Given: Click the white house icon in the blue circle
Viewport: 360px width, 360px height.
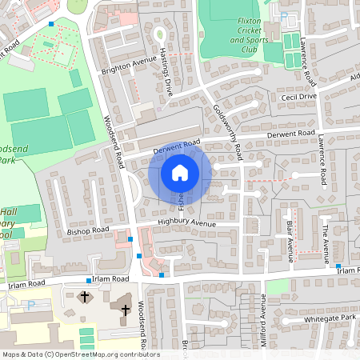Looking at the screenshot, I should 180,173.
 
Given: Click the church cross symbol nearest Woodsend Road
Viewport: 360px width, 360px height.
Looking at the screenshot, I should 125,309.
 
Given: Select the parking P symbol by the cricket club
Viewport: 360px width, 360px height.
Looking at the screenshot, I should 284,15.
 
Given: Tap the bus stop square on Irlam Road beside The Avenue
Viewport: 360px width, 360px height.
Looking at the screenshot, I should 338,266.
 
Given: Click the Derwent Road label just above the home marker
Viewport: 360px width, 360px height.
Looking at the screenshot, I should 175,146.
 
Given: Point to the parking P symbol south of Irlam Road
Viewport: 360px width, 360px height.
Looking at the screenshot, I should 30,304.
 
